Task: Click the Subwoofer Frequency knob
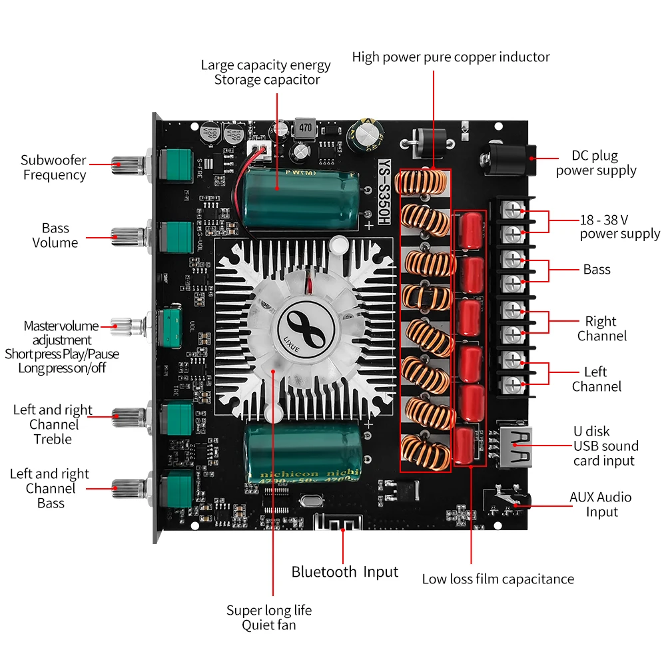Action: click(x=127, y=163)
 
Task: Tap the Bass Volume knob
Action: click(x=127, y=234)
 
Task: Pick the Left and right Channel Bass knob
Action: click(x=127, y=488)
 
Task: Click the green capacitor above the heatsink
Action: click(x=303, y=198)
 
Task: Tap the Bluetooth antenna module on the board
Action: click(x=342, y=523)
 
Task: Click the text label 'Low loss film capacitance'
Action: click(x=498, y=579)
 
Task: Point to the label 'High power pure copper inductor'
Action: click(x=451, y=57)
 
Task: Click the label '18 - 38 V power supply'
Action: click(x=619, y=226)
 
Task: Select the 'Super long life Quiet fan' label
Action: click(x=268, y=617)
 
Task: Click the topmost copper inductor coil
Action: click(x=423, y=183)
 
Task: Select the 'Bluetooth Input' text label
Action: click(x=344, y=571)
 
